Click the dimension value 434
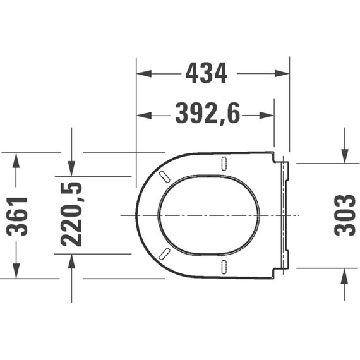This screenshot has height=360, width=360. [206, 74]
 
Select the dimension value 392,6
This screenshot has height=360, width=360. [207, 115]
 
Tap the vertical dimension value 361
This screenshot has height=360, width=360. [21, 216]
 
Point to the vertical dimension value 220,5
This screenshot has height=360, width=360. [71, 215]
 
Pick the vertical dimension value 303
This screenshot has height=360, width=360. [345, 215]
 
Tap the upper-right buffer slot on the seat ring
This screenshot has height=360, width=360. [224, 162]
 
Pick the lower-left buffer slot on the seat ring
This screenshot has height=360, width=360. [165, 254]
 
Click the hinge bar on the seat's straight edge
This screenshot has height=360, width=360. [285, 215]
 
